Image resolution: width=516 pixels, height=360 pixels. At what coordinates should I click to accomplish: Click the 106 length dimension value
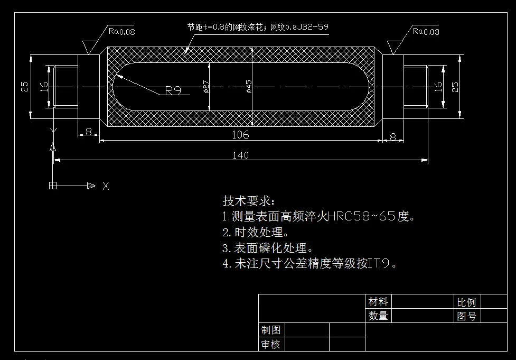coord(240,135)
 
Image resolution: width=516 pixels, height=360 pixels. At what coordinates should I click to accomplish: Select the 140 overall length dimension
coord(240,155)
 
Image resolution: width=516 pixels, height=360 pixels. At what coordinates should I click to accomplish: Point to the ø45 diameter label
coord(249,86)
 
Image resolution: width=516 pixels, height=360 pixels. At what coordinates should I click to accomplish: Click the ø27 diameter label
coord(206,86)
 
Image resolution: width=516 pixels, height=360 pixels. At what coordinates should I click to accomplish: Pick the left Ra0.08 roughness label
coord(122,31)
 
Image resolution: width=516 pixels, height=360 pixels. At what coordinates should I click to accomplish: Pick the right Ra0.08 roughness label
coord(426,31)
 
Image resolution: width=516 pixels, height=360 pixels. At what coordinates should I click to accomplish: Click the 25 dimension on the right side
coord(455,86)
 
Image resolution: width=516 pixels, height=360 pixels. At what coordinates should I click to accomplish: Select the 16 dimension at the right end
coord(438,86)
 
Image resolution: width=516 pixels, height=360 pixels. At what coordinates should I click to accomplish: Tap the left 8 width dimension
coord(88,130)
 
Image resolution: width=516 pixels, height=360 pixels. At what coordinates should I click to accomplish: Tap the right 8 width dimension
coord(393,137)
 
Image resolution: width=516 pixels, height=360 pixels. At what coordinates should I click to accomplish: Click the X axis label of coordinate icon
coord(106,186)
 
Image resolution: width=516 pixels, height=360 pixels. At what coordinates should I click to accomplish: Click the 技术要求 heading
coord(249,201)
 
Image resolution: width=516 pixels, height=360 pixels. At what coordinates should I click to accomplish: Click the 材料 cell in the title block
coord(378,302)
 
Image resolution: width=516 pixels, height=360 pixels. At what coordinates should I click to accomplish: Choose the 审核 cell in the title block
coord(270,344)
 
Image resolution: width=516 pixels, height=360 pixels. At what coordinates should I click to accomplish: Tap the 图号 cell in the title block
coord(466,316)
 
